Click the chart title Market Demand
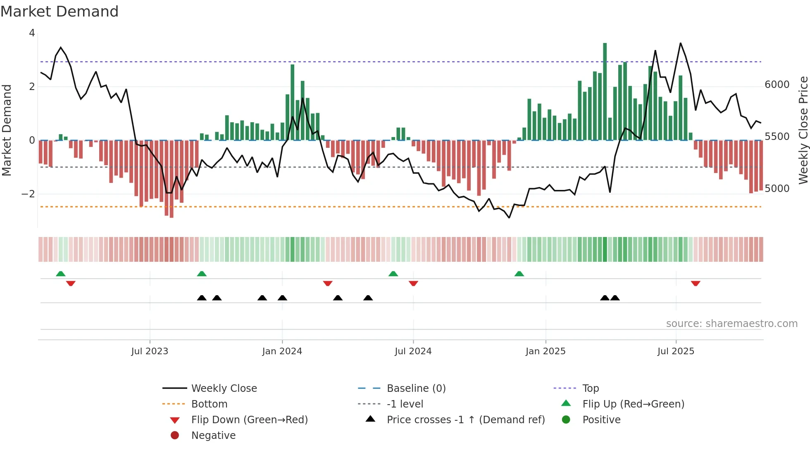pos(60,12)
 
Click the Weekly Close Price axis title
pos(803,130)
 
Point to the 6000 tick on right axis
pos(777,85)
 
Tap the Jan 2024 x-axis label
pos(282,351)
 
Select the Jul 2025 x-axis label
pos(676,351)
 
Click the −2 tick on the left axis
pos(28,194)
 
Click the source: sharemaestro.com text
pos(731,324)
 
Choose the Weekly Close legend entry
pos(224,389)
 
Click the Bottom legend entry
pos(209,404)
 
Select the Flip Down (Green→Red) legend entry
pos(249,420)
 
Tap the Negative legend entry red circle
pos(175,436)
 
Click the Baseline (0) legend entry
pos(416,389)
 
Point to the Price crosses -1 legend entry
pos(465,420)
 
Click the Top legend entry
pos(590,389)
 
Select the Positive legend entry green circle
pos(566,420)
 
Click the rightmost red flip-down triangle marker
pos(696,283)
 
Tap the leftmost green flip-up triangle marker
pos(61,274)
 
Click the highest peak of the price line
pos(680,43)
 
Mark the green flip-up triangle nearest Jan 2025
pos(519,274)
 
